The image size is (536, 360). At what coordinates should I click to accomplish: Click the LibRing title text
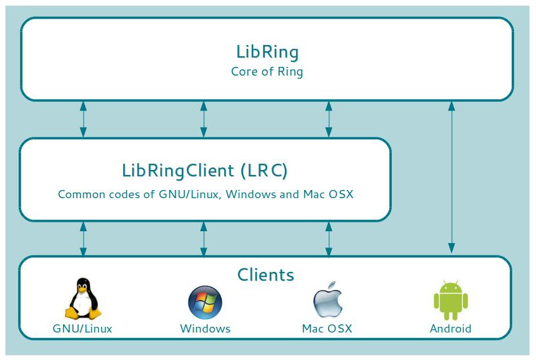(267, 51)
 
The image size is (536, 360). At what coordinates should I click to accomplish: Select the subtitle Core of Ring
(267, 71)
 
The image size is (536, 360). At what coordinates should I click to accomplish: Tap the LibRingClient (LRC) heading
(205, 170)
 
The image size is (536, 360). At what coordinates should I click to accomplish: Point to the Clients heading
(266, 274)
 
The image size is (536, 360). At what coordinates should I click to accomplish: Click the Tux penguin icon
(82, 299)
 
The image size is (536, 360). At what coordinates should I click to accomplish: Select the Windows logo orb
(205, 302)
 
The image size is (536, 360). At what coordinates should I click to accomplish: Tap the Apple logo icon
(327, 302)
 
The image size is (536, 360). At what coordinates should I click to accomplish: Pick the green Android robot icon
(450, 301)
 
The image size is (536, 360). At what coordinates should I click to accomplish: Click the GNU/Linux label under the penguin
(82, 329)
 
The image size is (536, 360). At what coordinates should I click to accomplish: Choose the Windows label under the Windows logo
(205, 329)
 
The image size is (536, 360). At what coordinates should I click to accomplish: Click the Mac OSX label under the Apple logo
(327, 329)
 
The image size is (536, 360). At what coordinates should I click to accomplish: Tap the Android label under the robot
(450, 329)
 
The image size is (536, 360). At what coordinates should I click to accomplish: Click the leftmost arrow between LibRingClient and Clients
(83, 239)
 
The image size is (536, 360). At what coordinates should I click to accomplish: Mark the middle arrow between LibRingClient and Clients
(203, 239)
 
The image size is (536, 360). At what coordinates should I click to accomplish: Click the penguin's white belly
(82, 304)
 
